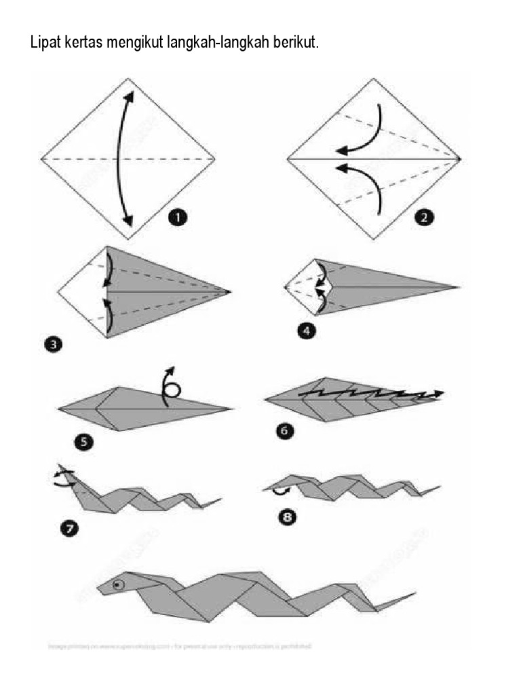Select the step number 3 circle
(x=52, y=345)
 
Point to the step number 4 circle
(x=306, y=331)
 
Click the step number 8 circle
(x=289, y=517)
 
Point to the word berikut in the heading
(x=294, y=43)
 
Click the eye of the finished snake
(x=119, y=584)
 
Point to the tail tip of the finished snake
(x=412, y=593)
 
